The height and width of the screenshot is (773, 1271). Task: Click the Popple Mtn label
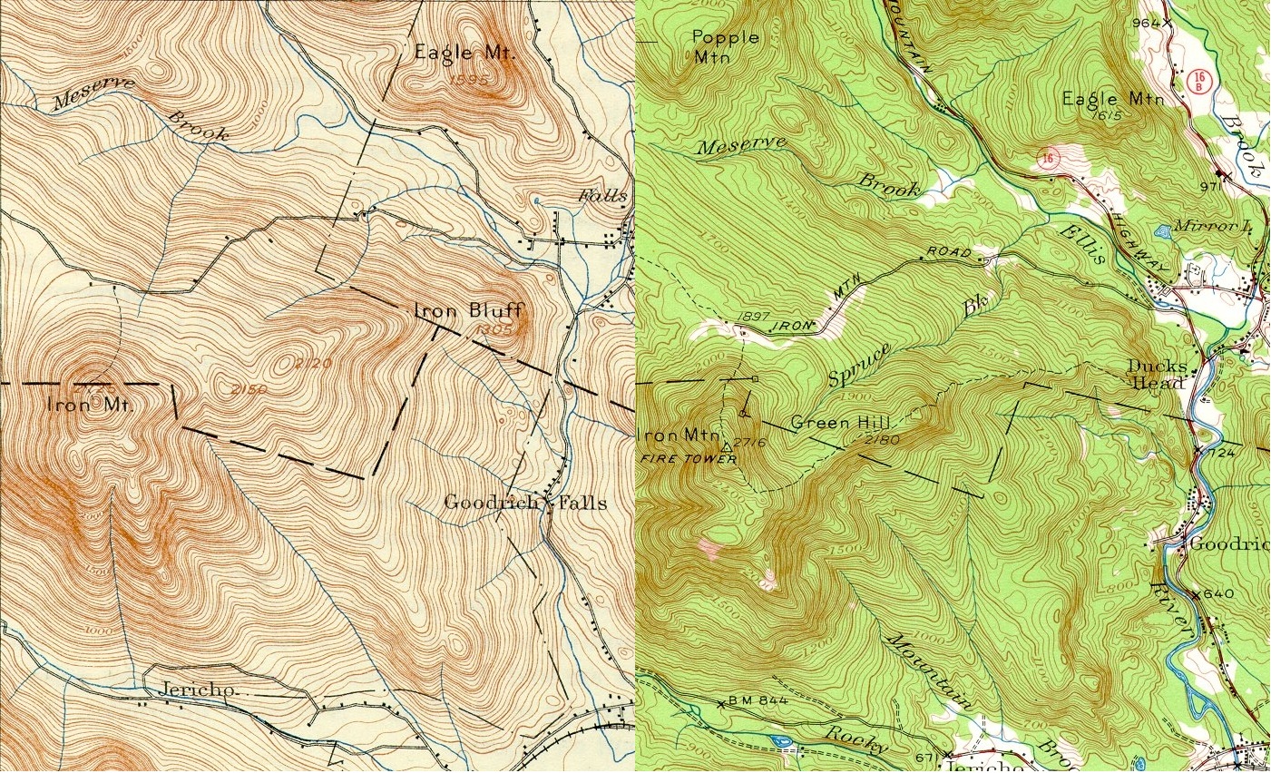pyautogui.click(x=725, y=46)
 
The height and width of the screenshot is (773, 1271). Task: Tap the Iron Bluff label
pyautogui.click(x=468, y=310)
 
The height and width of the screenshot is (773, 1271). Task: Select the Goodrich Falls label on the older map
pyautogui.click(x=525, y=503)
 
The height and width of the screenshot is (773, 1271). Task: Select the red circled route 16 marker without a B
pyautogui.click(x=1048, y=160)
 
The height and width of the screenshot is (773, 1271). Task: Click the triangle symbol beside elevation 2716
pyautogui.click(x=726, y=446)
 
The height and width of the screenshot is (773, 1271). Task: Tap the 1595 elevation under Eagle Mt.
pyautogui.click(x=469, y=80)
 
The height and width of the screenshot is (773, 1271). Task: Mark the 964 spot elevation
pyautogui.click(x=1147, y=23)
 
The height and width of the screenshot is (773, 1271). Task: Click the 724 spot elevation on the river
pyautogui.click(x=1221, y=451)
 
